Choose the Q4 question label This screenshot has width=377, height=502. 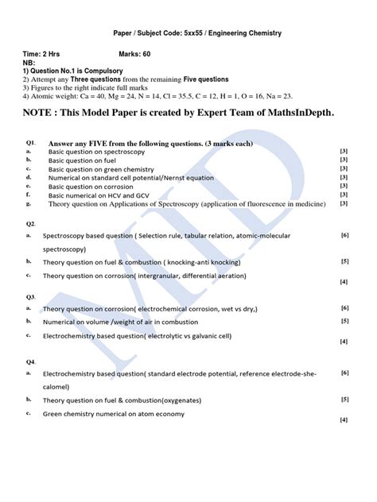(31, 361)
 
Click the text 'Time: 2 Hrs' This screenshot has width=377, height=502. (45, 53)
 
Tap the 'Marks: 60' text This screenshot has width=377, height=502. (140, 53)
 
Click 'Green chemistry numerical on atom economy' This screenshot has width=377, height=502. (114, 414)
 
